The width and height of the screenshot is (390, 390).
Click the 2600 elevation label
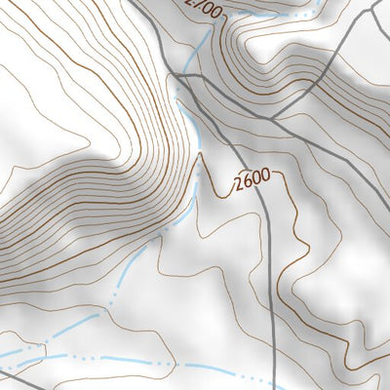click(x=251, y=182)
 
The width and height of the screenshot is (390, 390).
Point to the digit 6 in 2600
click(x=244, y=184)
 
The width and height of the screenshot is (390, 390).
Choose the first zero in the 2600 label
click(x=254, y=180)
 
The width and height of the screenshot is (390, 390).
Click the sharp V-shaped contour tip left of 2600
click(x=202, y=153)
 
